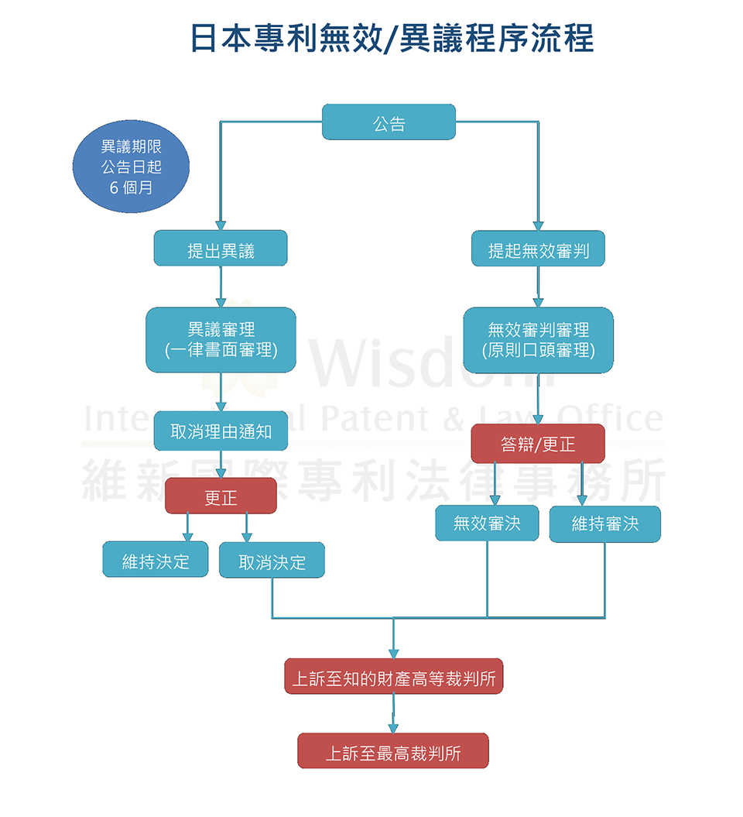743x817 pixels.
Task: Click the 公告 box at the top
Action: [389, 122]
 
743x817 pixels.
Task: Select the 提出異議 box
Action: [221, 249]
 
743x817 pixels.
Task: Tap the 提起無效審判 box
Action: [538, 249]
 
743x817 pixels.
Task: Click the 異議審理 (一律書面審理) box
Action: [221, 340]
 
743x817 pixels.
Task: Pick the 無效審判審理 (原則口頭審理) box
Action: [538, 340]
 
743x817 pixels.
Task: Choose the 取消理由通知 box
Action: [221, 431]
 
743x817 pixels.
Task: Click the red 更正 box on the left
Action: [221, 496]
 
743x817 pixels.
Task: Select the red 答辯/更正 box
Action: [538, 444]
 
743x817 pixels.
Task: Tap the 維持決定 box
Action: [155, 560]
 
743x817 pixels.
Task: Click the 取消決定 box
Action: [272, 560]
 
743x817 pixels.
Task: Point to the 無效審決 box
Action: [487, 523]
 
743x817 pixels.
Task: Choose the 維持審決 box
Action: [605, 523]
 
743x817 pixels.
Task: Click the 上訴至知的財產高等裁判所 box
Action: [394, 676]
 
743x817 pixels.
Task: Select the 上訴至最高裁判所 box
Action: [393, 751]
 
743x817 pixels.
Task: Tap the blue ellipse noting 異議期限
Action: [132, 166]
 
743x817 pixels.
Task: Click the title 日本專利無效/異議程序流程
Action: [392, 37]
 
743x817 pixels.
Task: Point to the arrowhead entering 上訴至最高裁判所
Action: [393, 728]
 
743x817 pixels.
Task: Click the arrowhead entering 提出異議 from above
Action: [221, 225]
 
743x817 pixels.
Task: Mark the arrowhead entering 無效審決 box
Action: [495, 499]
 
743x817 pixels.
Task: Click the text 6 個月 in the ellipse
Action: [132, 187]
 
